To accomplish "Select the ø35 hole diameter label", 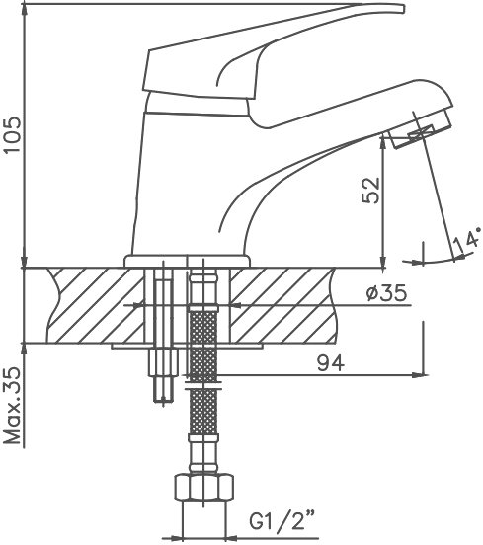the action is click(x=386, y=292).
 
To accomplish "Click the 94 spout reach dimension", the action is click(x=330, y=363).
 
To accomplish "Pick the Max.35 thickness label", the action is click(x=12, y=406).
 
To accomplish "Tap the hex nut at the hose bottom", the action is click(x=203, y=487).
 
